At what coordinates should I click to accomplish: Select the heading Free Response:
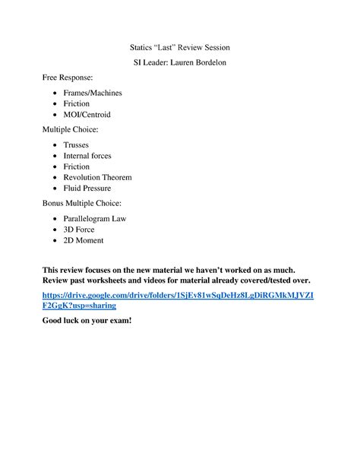[x=68, y=78]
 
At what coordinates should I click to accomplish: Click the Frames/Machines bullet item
[x=93, y=93]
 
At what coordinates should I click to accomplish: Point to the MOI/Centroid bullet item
[x=87, y=114]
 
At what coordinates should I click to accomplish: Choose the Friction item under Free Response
[x=77, y=103]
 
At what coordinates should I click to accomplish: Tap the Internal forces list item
[x=87, y=156]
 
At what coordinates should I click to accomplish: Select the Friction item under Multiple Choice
[x=77, y=166]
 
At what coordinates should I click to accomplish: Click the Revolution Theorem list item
[x=97, y=177]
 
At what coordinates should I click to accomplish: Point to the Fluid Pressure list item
[x=87, y=188]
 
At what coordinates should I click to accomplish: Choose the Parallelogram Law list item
[x=95, y=219]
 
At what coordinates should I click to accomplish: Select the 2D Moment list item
[x=84, y=240]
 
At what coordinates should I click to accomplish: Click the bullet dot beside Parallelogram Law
[x=55, y=219]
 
